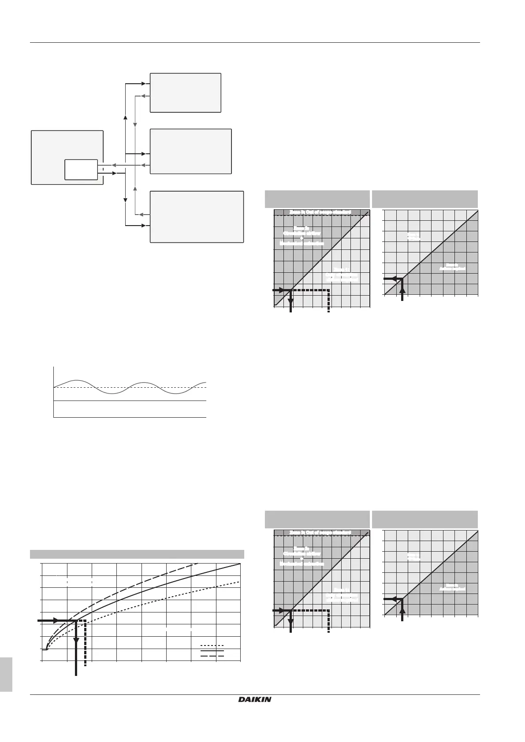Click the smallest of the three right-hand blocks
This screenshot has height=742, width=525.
click(x=185, y=93)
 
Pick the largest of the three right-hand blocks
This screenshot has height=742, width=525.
click(x=197, y=216)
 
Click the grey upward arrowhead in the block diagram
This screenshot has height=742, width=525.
click(x=135, y=194)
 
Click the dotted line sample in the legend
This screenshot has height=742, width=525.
click(x=212, y=646)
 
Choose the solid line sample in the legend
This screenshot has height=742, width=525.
click(x=212, y=650)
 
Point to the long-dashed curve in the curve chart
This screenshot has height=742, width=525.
click(x=145, y=582)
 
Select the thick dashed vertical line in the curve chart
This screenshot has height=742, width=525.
click(x=85, y=648)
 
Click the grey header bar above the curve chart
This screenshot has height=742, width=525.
click(x=137, y=554)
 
